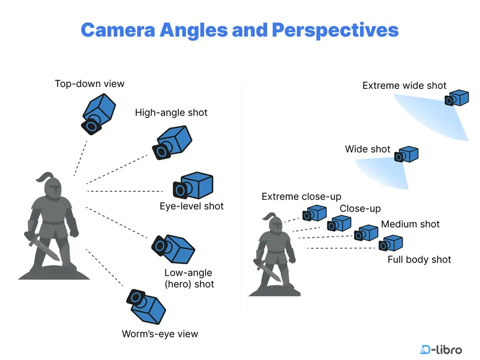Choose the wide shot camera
tap(406, 155)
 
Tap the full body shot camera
tap(390, 243)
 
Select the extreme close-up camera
tap(314, 213)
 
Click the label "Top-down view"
tap(89, 83)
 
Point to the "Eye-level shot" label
tap(191, 206)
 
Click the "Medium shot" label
tap(410, 224)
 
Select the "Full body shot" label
tap(419, 259)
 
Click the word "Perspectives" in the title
tap(335, 29)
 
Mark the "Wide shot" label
tap(367, 149)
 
